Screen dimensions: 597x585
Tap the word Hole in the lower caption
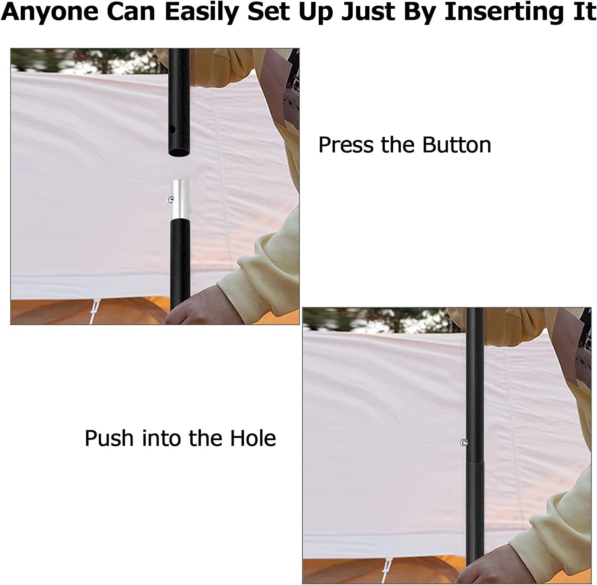pos(253,438)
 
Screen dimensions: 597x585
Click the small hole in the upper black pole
pos(172,129)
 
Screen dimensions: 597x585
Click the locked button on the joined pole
pos(463,442)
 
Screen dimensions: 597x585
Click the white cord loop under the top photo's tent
pos(94,312)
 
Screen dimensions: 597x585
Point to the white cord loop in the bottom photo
pos(386,572)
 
